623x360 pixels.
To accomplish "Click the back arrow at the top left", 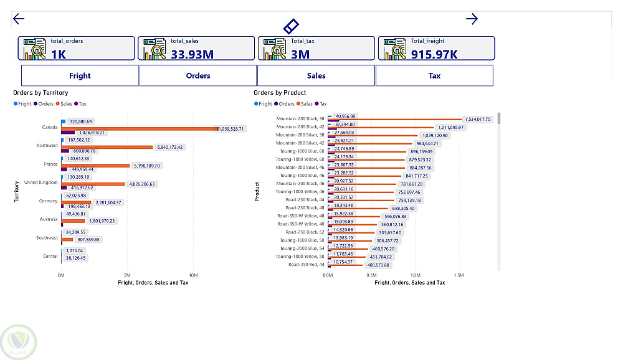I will (x=19, y=19).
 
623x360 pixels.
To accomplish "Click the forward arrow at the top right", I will (x=472, y=19).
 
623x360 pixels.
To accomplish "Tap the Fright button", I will (x=80, y=75).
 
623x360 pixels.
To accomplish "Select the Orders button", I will (x=198, y=75).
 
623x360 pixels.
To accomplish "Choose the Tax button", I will (x=434, y=75).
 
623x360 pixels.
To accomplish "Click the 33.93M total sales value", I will (x=192, y=54).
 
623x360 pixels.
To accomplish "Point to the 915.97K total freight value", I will (x=434, y=54).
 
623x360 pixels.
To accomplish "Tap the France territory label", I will (x=50, y=164).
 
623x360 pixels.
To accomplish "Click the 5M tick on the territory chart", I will (x=127, y=275).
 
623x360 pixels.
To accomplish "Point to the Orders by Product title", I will (x=280, y=93).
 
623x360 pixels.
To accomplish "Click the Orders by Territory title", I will (x=40, y=93).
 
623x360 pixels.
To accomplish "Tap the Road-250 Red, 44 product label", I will (x=306, y=264).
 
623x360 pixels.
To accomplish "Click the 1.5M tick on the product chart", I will (x=459, y=275).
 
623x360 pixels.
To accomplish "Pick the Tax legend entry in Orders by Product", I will (x=323, y=104).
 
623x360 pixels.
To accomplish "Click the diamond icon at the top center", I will (x=291, y=26).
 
